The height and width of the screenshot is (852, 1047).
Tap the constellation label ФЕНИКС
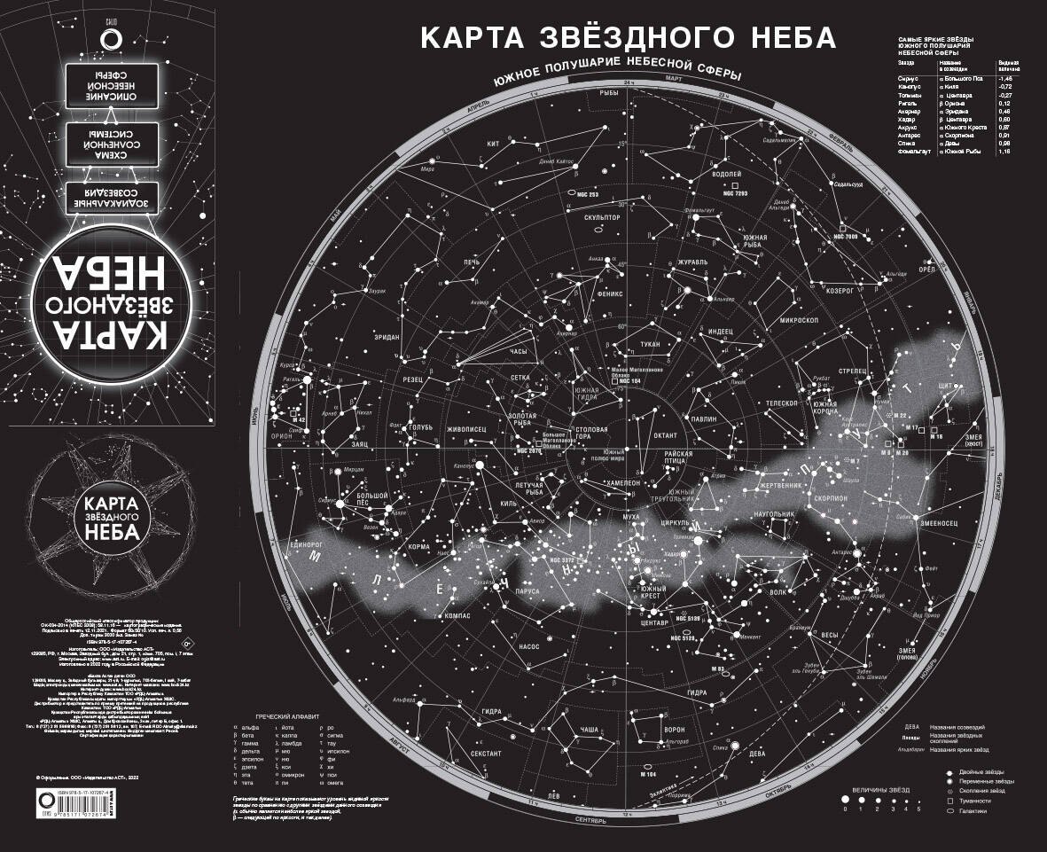[611, 292]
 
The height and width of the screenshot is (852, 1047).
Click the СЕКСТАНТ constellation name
[486, 753]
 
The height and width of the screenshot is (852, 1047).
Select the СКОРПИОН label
[827, 498]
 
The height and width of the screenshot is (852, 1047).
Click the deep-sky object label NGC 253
[588, 194]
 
